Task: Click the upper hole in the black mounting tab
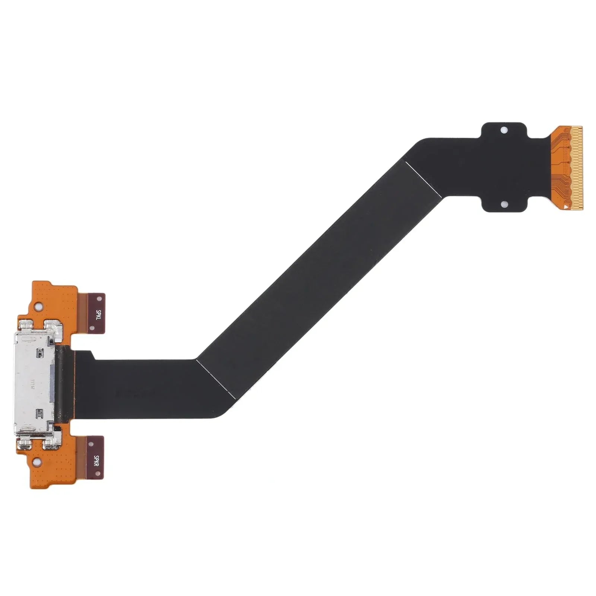(x=504, y=130)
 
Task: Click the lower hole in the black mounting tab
(x=504, y=205)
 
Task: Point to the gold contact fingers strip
(x=578, y=168)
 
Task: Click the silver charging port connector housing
(x=34, y=384)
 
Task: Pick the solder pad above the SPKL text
(x=99, y=299)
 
